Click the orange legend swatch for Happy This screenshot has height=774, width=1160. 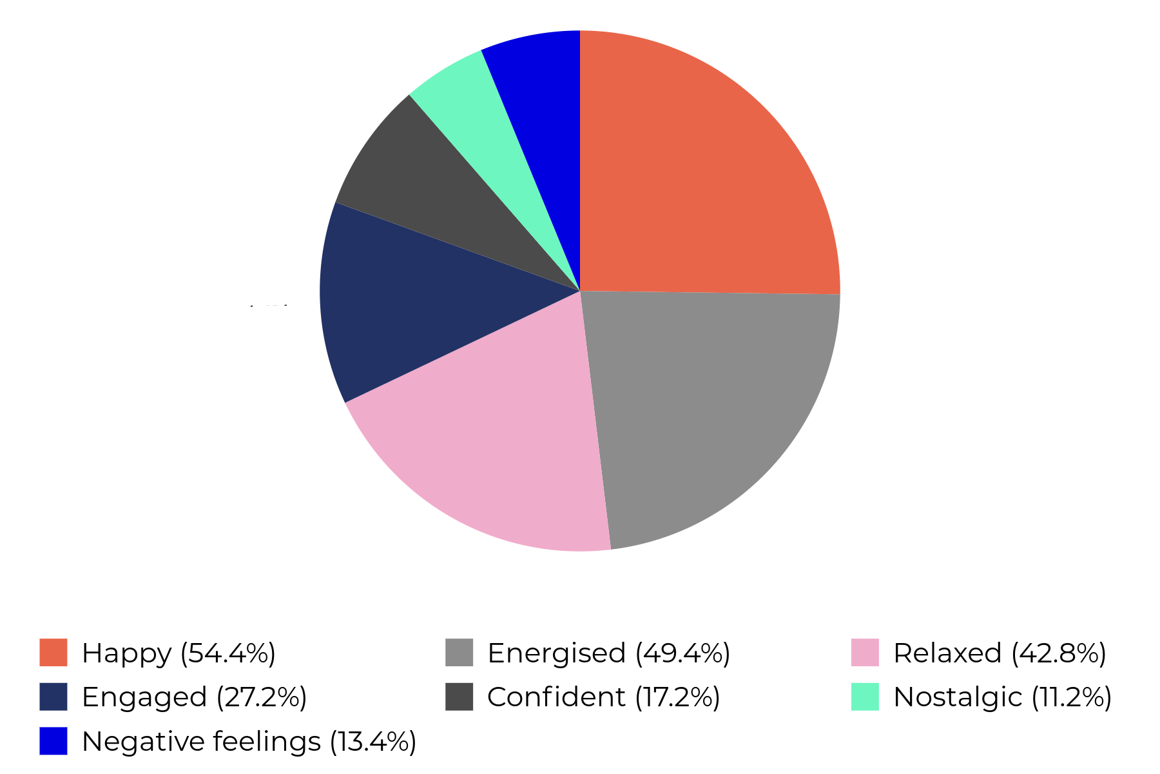tap(53, 653)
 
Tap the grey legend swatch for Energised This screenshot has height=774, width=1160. tap(459, 653)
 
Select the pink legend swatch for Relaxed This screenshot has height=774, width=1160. tap(865, 653)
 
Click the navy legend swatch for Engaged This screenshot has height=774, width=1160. tap(53, 697)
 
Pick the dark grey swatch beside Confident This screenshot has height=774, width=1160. tap(459, 697)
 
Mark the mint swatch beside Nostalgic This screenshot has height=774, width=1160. tap(865, 697)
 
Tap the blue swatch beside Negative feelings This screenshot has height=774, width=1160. tap(53, 740)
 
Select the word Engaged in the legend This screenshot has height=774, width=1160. tap(144, 697)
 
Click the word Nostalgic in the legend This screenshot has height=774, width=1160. tap(958, 697)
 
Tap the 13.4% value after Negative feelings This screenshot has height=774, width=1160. tap(373, 741)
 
